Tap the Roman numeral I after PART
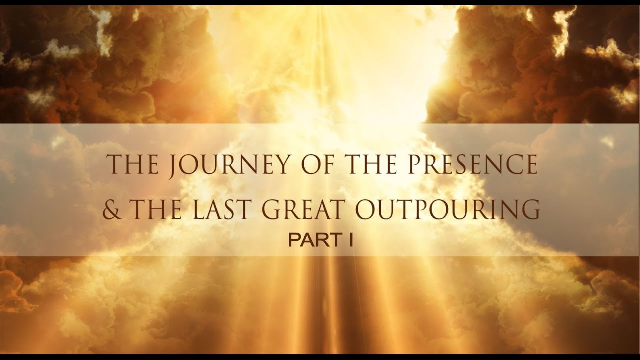pos(351,241)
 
